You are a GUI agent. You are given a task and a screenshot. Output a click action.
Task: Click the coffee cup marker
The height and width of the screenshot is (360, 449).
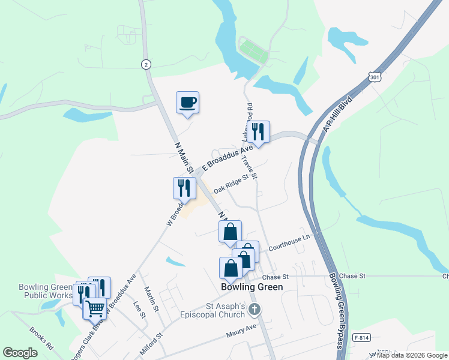[x=187, y=103]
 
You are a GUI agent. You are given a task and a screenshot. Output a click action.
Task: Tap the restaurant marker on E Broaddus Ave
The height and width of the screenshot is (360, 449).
[x=258, y=132]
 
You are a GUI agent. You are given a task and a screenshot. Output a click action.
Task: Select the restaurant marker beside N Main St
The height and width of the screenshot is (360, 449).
[x=184, y=188]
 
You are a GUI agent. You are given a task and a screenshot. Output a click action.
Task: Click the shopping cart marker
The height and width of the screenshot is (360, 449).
[x=95, y=308]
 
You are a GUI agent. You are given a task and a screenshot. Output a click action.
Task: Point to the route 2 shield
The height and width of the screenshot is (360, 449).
[x=145, y=64]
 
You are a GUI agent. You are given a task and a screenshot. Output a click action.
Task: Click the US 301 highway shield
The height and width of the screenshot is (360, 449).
[x=375, y=77]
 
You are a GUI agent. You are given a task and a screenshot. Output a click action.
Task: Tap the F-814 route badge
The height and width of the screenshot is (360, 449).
[x=360, y=337]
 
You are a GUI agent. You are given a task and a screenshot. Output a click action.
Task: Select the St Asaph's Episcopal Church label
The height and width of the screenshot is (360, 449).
[x=214, y=310]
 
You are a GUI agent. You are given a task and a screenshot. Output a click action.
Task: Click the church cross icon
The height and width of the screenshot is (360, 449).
[x=255, y=310]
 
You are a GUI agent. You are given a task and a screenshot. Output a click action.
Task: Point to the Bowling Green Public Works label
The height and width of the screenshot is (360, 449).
[x=46, y=291]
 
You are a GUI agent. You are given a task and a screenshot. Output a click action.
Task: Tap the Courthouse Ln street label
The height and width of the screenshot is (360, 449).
[x=289, y=242]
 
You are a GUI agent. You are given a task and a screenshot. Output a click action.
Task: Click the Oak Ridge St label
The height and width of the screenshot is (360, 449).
[x=231, y=184]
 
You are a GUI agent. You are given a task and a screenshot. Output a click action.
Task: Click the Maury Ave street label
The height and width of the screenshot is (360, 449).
[x=241, y=329]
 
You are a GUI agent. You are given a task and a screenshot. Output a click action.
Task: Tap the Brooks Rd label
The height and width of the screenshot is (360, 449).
[x=41, y=340]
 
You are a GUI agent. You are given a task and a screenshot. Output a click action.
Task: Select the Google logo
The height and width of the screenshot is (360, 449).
[x=20, y=353]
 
